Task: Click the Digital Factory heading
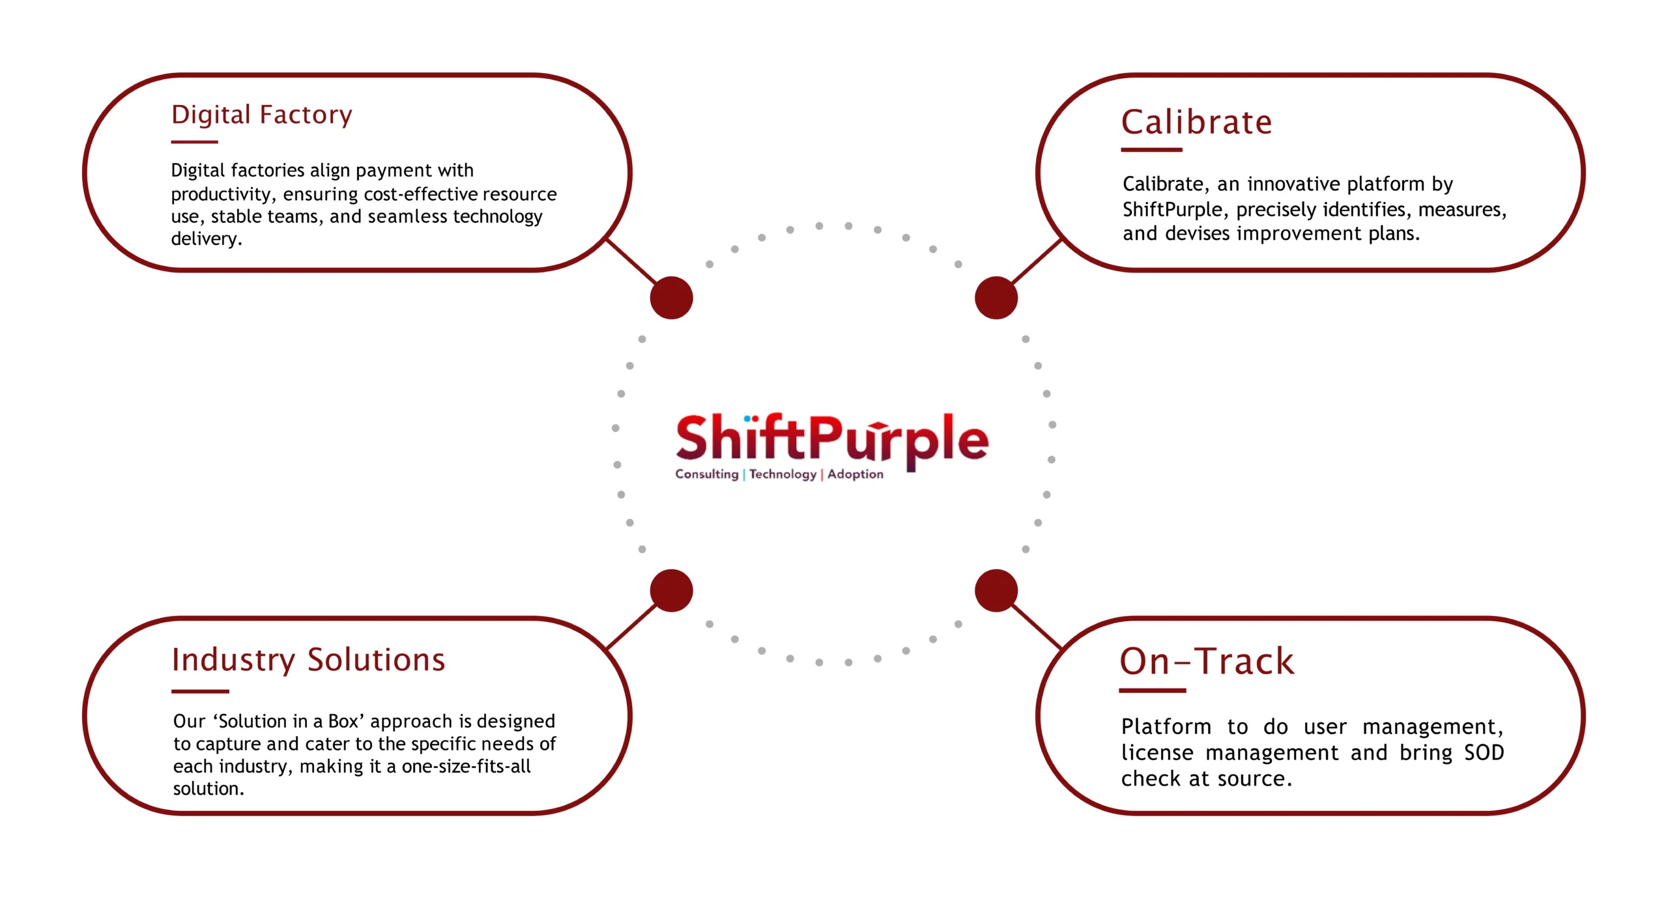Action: coord(261,115)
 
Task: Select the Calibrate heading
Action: coord(1196,123)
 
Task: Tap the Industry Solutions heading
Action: coord(308,660)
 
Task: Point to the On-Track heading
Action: coord(1207,661)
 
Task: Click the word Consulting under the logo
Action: coord(706,475)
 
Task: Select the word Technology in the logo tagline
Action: coord(783,475)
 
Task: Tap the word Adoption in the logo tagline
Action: coord(856,475)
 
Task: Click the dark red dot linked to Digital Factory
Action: coord(671,298)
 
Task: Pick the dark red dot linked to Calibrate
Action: coord(996,298)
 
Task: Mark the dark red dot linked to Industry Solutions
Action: coord(671,591)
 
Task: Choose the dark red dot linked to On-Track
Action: coord(996,591)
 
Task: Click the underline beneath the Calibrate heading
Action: coord(1151,150)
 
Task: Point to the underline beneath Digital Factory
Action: coord(194,141)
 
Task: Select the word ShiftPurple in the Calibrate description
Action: coord(1172,210)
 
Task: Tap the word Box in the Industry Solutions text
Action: coord(343,722)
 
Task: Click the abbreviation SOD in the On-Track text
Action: coord(1484,753)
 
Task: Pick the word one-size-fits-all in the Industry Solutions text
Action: coord(466,767)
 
